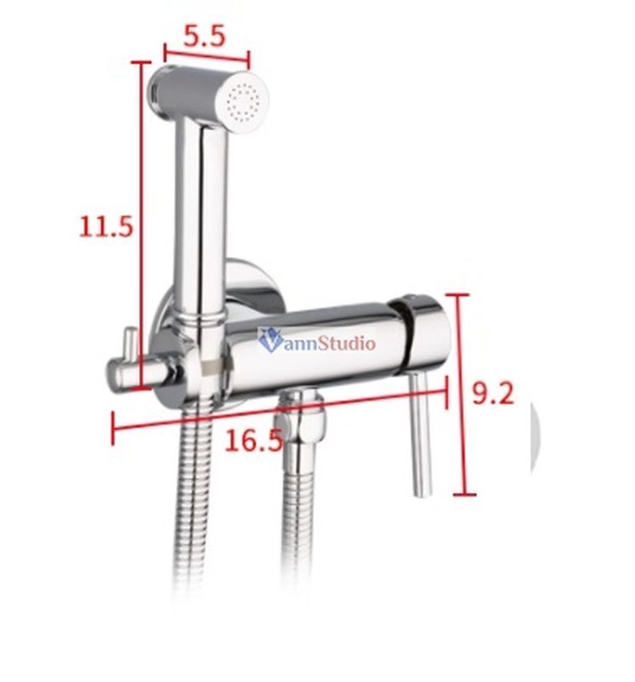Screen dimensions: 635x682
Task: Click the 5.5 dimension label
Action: tap(204, 37)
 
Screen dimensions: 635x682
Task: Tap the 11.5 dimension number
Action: tap(105, 227)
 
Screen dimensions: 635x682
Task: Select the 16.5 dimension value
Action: tap(253, 441)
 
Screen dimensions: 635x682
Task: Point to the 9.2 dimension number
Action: tap(493, 394)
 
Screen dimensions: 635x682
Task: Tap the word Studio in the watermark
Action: tap(346, 344)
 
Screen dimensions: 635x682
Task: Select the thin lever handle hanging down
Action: tap(421, 434)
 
